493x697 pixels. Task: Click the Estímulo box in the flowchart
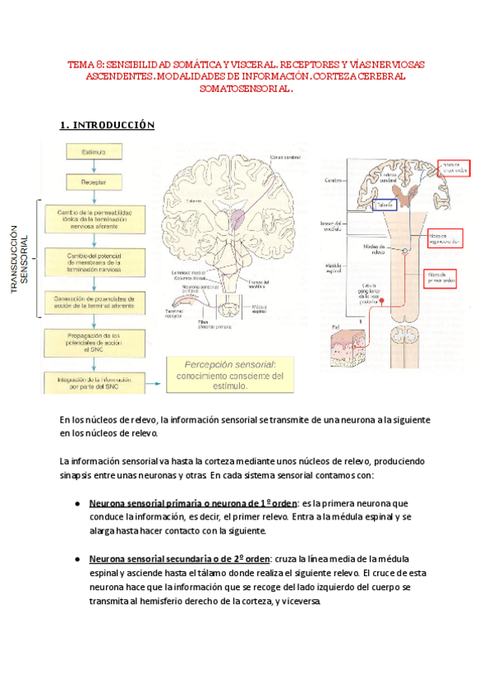click(x=95, y=152)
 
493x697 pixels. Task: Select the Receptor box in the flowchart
click(x=95, y=180)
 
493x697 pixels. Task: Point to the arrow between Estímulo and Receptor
click(x=95, y=166)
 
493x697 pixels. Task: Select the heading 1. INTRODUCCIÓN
click(x=107, y=125)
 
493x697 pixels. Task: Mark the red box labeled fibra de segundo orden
click(x=445, y=238)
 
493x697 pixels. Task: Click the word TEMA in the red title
click(x=81, y=63)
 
